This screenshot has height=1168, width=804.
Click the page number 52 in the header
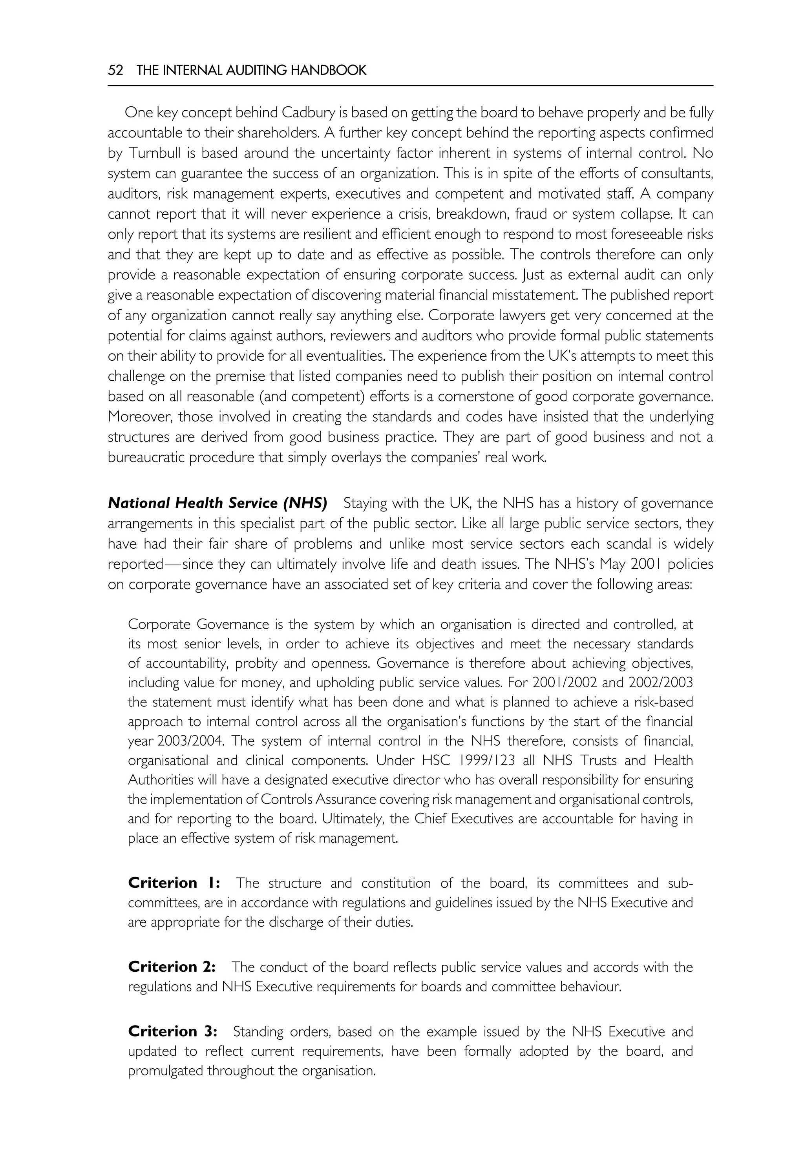click(115, 71)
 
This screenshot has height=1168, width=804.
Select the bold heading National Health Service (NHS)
click(217, 503)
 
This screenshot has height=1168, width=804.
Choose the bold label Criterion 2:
click(172, 967)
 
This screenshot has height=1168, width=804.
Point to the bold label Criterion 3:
click(173, 1031)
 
